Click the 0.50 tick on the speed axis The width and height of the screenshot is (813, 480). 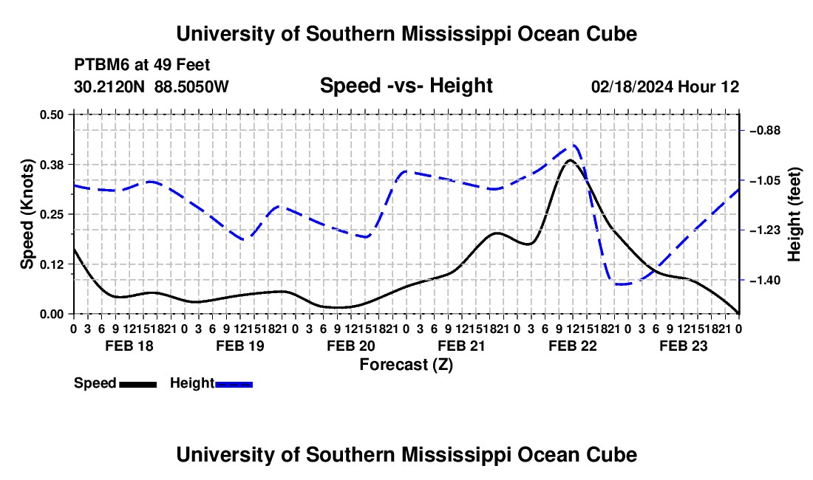coord(51,114)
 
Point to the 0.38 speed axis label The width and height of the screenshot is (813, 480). coord(51,165)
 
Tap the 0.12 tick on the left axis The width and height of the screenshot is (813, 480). coord(51,264)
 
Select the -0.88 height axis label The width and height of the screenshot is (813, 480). coord(765,131)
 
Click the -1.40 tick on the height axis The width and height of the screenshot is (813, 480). coord(765,280)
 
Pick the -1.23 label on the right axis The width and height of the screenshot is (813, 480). coord(765,230)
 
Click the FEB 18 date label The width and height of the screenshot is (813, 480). coord(129,346)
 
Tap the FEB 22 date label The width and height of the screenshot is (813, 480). coord(572,346)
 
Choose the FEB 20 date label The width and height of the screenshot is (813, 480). coord(351,346)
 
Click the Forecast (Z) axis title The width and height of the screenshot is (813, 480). coord(406,365)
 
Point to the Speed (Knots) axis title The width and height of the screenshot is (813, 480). coord(27,214)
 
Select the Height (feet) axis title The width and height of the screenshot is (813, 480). coord(794,214)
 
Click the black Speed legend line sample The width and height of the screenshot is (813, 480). coord(138,384)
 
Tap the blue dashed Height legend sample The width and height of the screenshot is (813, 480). coord(234,384)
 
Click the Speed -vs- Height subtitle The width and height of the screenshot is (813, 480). coord(406,86)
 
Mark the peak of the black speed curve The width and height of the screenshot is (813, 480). coord(570,160)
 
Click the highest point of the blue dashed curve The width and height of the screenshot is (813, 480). coord(574,145)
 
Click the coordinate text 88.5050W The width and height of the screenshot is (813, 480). coord(191,86)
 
